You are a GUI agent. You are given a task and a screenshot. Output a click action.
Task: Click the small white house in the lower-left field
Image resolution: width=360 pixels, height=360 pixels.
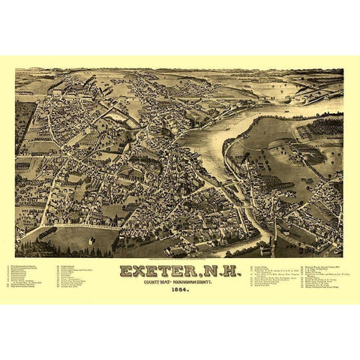click(x=91, y=240)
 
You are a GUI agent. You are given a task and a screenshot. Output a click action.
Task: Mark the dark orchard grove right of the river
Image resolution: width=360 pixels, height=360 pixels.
click(x=320, y=132)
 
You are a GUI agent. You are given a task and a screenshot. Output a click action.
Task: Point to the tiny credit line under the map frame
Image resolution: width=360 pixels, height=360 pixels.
click(x=180, y=259)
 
